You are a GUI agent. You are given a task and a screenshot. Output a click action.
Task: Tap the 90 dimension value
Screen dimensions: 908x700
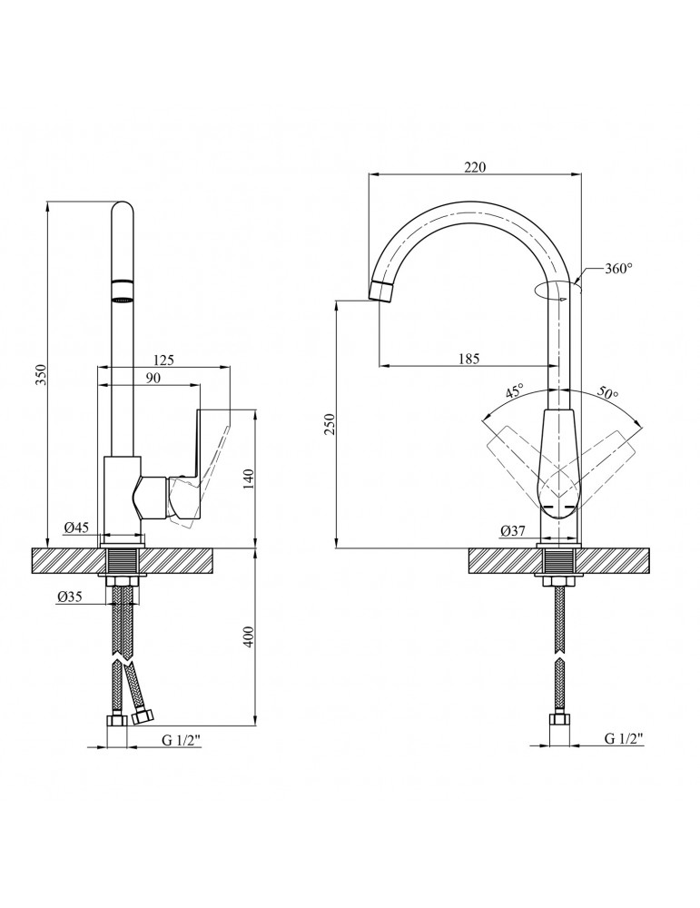tap(153, 379)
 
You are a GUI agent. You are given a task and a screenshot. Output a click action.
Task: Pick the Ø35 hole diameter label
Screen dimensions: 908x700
tap(70, 597)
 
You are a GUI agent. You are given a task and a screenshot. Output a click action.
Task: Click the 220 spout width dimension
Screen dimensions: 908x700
tap(475, 167)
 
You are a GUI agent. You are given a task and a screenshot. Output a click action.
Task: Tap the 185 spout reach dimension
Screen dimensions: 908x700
tap(468, 359)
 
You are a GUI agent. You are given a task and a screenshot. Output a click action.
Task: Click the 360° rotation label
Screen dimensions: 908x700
tap(616, 269)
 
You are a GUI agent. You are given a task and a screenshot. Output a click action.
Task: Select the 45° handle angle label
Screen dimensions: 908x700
tap(514, 392)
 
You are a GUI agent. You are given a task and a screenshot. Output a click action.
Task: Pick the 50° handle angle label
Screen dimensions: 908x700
tap(607, 392)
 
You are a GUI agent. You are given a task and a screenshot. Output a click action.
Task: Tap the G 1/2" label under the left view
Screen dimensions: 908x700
tap(182, 740)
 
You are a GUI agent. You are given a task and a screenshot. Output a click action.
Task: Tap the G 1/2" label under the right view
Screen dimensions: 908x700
tap(623, 740)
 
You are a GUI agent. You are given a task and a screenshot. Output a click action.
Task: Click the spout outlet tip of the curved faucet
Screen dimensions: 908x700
tap(382, 291)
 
